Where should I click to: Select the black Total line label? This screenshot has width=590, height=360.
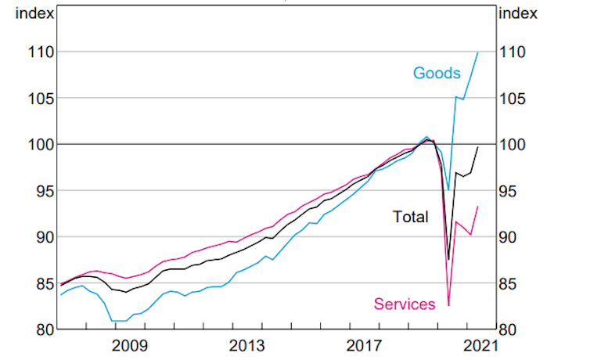click(x=411, y=217)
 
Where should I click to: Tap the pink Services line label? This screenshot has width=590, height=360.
click(x=405, y=304)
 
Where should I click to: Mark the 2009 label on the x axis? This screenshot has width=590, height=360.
click(x=130, y=346)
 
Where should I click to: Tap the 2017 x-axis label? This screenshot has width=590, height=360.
click(x=364, y=346)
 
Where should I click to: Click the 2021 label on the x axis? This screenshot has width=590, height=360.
click(x=480, y=346)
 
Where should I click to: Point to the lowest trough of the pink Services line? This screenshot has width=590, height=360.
click(x=448, y=305)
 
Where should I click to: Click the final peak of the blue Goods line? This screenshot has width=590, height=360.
click(x=478, y=52)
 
